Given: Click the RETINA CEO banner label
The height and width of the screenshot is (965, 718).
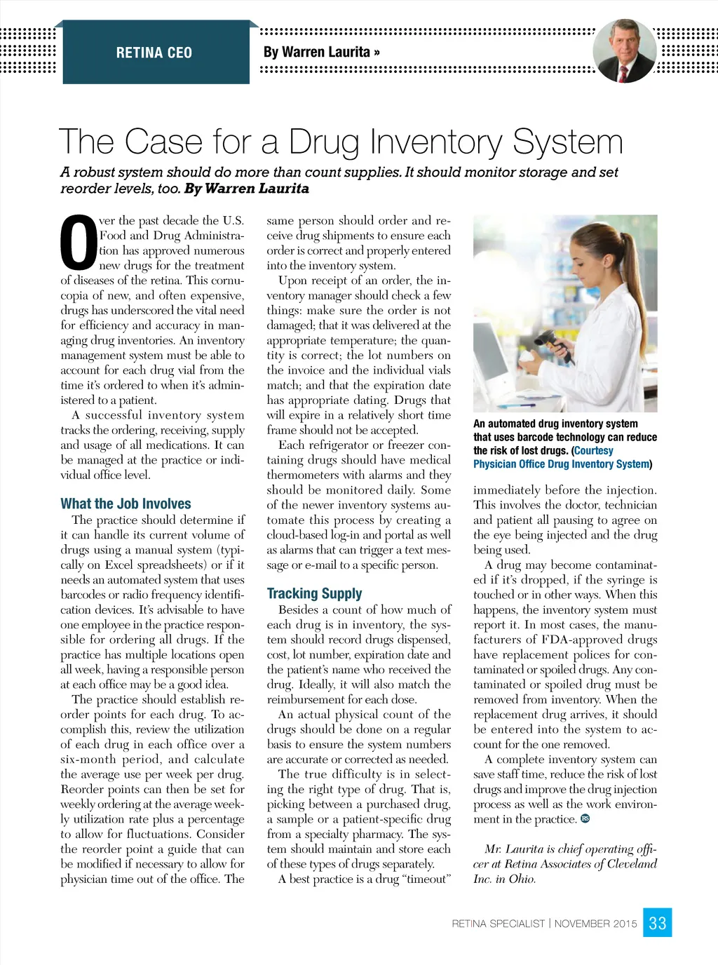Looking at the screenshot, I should pos(154,53).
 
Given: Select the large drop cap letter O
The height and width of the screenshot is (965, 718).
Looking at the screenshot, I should pos(79,243).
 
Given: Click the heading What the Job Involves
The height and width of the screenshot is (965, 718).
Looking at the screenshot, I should pos(126,504).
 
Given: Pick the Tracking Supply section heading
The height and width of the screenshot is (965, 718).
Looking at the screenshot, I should pos(314,593).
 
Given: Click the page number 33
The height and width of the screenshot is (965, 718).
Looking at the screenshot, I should pos(658,923).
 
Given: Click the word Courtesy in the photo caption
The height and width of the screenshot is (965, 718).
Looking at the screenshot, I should pos(594,450).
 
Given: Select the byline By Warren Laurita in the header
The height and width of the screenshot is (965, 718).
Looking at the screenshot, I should pos(321,53).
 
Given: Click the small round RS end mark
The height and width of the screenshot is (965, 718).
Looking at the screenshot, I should pos(585,818).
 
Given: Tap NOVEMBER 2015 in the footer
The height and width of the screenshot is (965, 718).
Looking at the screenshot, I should pos(595,924).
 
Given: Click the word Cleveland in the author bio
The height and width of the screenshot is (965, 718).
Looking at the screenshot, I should pos(627,863).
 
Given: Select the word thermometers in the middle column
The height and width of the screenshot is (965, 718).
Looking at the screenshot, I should pos(303,475).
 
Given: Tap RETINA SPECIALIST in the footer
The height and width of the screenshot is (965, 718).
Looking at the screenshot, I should pos(498,924).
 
